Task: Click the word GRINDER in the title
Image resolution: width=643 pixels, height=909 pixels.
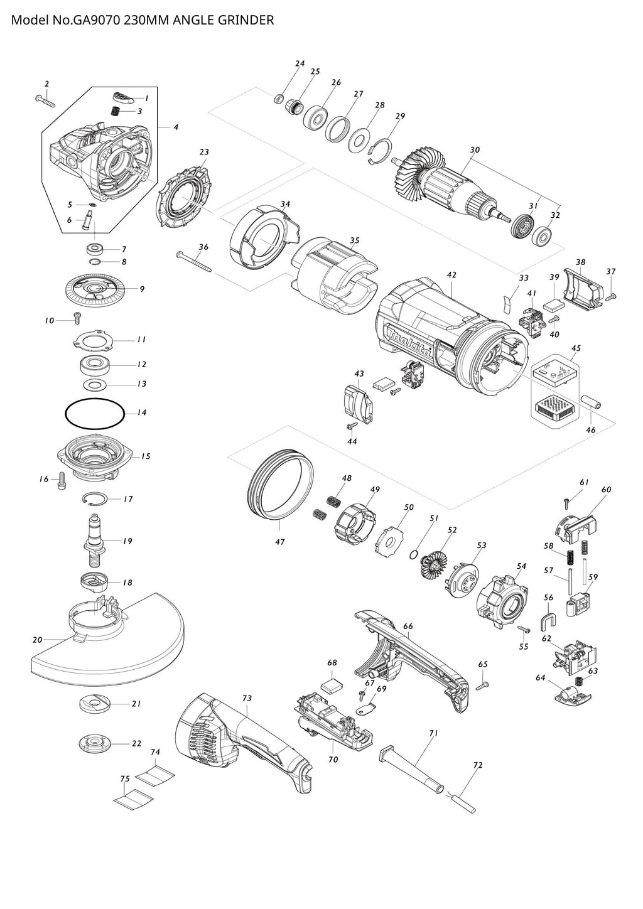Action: [249, 20]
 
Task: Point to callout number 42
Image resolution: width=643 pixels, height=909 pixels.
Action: [451, 275]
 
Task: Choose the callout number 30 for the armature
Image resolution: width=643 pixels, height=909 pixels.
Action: [475, 150]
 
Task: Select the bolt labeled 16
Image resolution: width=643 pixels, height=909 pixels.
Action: [61, 481]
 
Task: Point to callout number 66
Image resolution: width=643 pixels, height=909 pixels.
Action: [408, 626]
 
